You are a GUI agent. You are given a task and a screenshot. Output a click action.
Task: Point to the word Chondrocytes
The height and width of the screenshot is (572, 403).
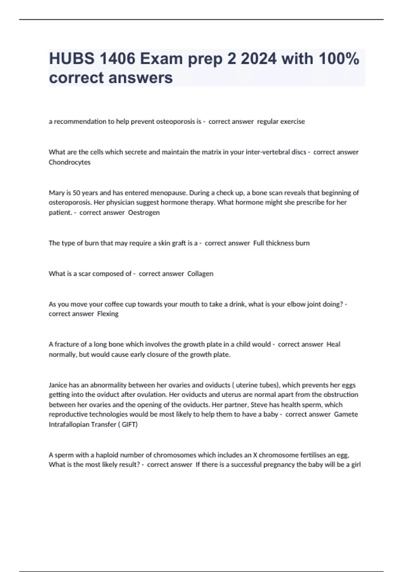[x=70, y=162]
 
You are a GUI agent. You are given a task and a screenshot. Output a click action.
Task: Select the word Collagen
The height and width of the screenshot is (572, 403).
[x=200, y=274]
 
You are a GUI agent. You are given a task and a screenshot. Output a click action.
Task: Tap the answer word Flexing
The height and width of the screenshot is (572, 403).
[x=108, y=314]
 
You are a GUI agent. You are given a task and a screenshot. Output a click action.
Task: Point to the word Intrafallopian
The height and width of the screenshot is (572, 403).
[x=70, y=425]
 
